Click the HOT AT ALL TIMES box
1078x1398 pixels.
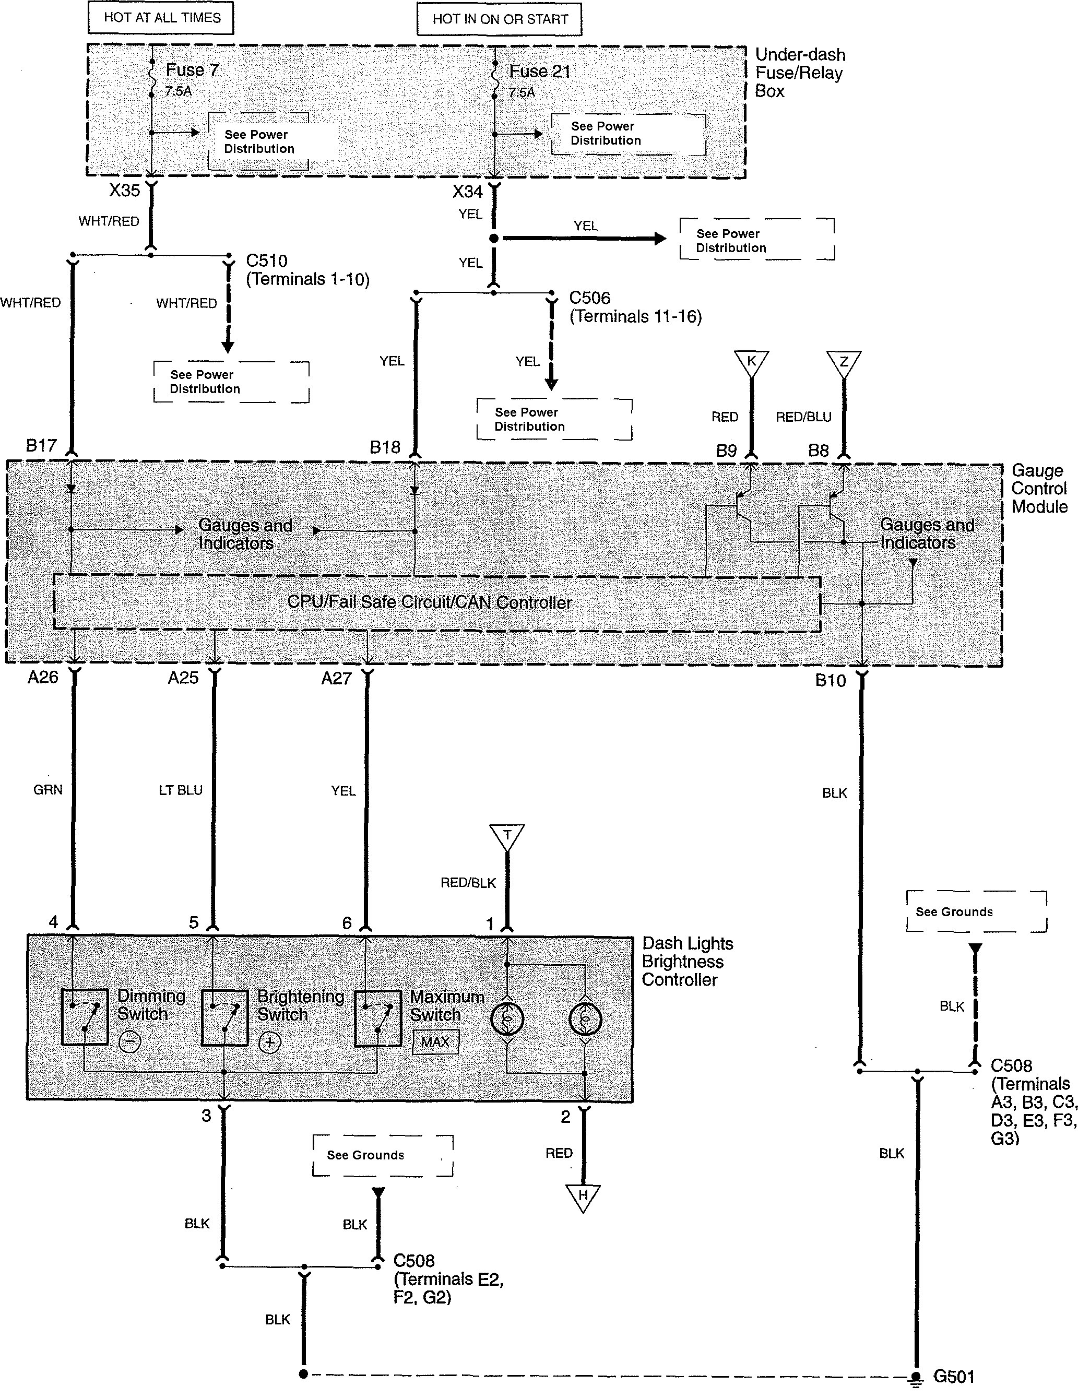point(161,18)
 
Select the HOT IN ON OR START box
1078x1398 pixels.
point(499,19)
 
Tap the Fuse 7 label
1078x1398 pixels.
point(192,70)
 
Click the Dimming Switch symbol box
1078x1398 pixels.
point(85,1017)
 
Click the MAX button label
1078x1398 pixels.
point(435,1041)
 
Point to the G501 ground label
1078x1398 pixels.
point(954,1376)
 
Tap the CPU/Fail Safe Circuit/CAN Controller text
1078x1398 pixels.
point(430,602)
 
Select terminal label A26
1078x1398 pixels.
point(43,677)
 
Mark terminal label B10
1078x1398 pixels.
point(830,680)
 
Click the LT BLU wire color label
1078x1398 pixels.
point(181,790)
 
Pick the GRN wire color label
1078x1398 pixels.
point(48,790)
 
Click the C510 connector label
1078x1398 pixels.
point(267,260)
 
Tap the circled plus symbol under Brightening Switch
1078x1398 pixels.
point(269,1042)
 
